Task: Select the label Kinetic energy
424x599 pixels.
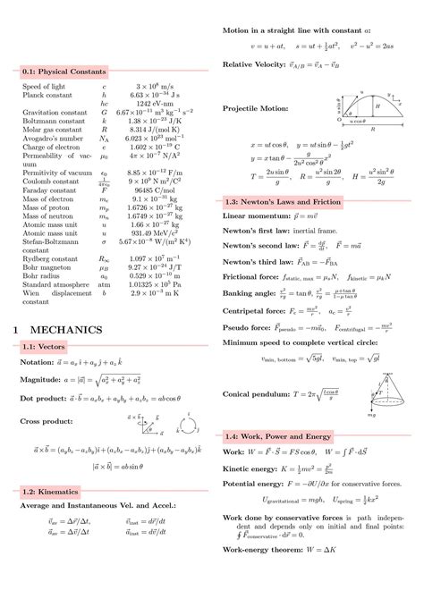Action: point(253,468)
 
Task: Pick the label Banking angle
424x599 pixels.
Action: point(251,292)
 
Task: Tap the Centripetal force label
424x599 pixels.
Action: point(257,312)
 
